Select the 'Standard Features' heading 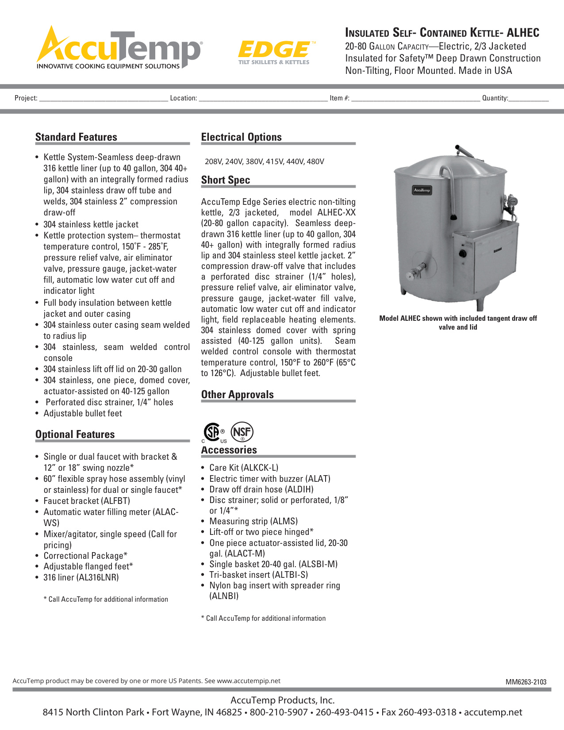pos(76,137)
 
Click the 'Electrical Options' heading pos(241,137)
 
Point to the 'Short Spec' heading pos(226,180)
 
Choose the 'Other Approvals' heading pos(237,395)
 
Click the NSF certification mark pos(242,432)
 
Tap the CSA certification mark pos(213,432)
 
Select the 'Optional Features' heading pos(75,434)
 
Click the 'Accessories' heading pos(229,450)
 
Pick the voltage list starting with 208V pos(264,161)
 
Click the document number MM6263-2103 pos(526,682)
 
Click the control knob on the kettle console pos(463,254)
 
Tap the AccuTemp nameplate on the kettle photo pos(422,190)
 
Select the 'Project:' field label pos(26,98)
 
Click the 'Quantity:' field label pos(495,98)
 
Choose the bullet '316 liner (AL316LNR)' pos(81,577)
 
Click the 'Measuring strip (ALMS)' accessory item pos(253,521)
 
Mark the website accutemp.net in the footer pos(493,712)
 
